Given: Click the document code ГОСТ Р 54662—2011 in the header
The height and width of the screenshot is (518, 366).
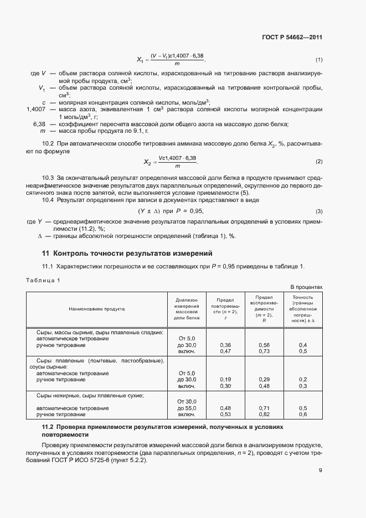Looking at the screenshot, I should click(292, 38).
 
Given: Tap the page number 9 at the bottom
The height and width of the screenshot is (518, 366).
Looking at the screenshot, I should click(320, 486).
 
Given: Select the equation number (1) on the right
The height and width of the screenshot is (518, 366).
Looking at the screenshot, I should click(319, 60).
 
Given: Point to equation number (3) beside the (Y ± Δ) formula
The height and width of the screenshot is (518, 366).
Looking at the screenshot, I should click(319, 212).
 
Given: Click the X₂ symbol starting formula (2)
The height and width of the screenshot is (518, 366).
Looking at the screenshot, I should click(148, 162).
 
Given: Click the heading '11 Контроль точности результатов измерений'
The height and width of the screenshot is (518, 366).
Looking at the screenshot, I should click(127, 253).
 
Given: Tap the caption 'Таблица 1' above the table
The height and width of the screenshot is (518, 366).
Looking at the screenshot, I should click(43, 280).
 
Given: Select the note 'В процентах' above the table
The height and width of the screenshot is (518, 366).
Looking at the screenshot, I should click(306, 287).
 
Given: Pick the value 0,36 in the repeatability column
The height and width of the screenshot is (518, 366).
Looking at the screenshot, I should click(225, 345).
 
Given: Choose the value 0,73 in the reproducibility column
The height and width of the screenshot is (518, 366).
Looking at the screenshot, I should click(264, 351).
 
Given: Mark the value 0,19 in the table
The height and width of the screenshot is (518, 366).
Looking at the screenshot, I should click(225, 380).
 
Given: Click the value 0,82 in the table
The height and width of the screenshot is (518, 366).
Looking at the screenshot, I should click(264, 415).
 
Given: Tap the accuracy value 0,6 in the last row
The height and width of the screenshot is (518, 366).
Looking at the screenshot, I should click(303, 415).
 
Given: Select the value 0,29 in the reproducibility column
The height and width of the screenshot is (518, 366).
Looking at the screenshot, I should click(264, 380).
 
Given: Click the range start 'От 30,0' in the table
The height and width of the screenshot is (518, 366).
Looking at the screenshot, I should click(187, 401).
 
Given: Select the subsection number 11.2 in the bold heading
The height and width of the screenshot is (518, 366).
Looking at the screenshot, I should click(48, 428).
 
